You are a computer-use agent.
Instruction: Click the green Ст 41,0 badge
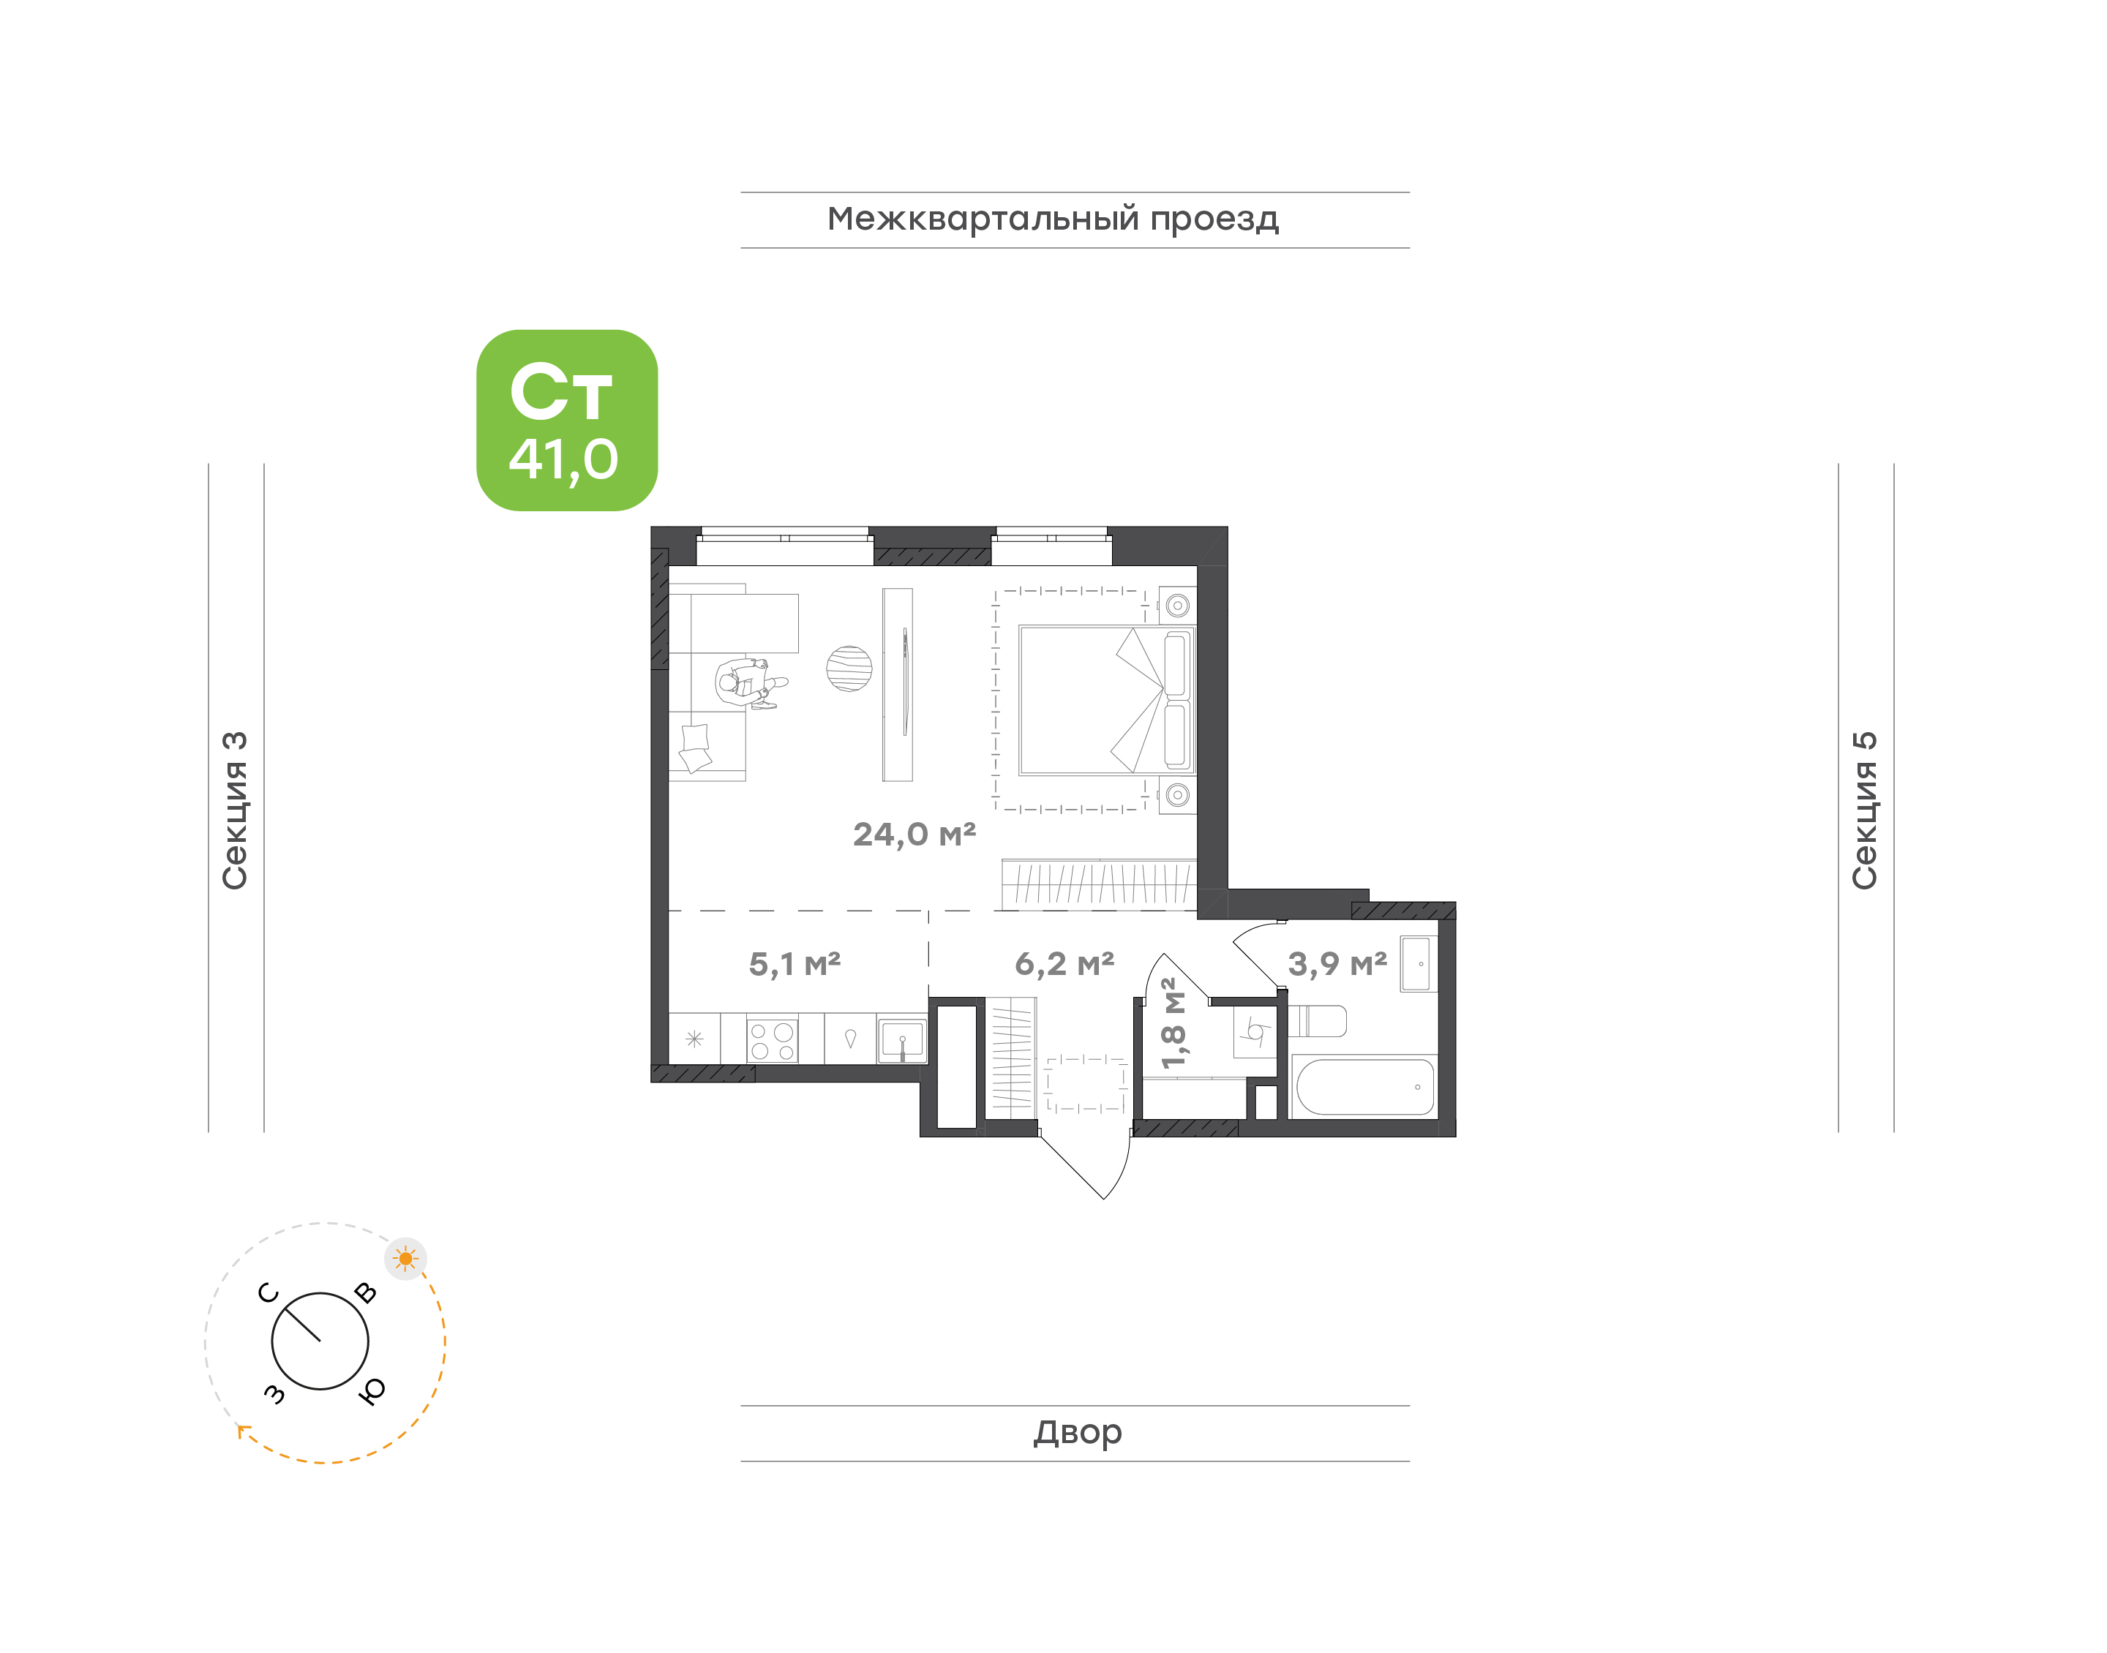pyautogui.click(x=566, y=420)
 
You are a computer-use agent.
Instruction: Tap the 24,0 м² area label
pyautogui.click(x=914, y=835)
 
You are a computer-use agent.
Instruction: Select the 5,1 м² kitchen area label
pyautogui.click(x=795, y=964)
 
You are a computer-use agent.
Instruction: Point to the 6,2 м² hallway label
pyautogui.click(x=1064, y=964)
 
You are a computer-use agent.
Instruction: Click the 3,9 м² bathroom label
pyautogui.click(x=1337, y=964)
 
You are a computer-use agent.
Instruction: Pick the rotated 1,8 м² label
pyautogui.click(x=1172, y=1023)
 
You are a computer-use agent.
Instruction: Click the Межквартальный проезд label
pyautogui.click(x=1052, y=219)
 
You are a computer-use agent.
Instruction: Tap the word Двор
pyautogui.click(x=1077, y=1432)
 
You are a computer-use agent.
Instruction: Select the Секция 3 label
pyautogui.click(x=235, y=810)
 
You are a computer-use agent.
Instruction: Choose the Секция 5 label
pyautogui.click(x=1864, y=810)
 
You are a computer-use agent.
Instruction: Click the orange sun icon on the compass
pyautogui.click(x=405, y=1259)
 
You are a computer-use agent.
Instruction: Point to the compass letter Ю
pyautogui.click(x=372, y=1390)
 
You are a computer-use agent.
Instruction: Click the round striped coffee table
pyautogui.click(x=849, y=669)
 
